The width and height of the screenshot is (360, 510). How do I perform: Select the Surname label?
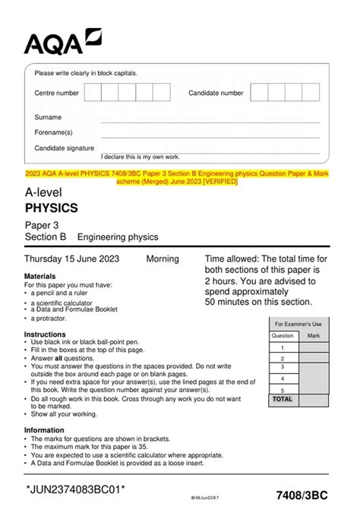(48, 118)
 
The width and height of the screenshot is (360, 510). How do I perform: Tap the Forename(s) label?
(53, 132)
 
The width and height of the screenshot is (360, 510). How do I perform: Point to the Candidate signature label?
(65, 148)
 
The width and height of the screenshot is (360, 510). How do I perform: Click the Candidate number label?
(216, 93)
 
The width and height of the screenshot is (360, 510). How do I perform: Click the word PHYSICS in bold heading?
(52, 207)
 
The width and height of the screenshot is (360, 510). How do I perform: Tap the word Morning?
(162, 259)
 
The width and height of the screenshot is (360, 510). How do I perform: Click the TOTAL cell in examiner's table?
(283, 398)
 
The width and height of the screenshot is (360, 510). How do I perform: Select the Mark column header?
(313, 335)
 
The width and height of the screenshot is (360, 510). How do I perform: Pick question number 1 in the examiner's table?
(283, 347)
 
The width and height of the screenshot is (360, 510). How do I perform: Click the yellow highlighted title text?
(180, 177)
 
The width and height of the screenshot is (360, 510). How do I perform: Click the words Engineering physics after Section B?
(118, 237)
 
